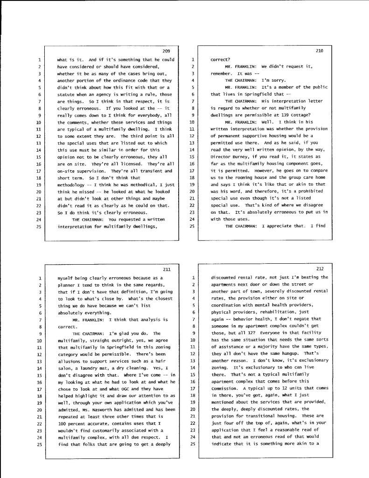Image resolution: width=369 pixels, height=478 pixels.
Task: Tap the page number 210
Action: tap(320, 51)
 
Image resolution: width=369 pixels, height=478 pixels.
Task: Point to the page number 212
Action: tap(320, 269)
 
